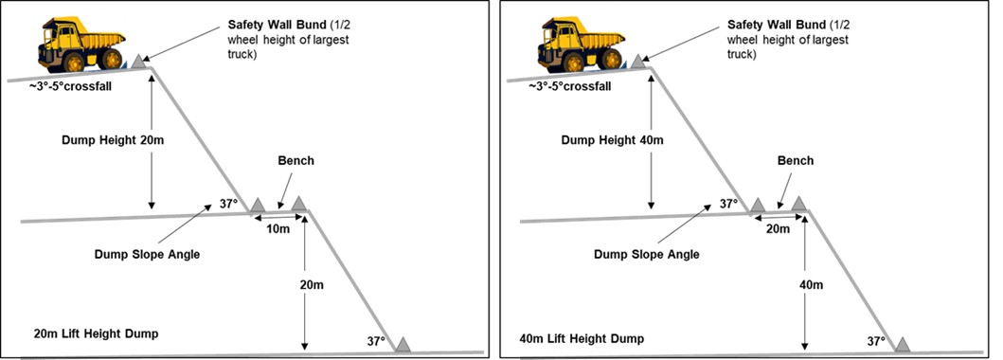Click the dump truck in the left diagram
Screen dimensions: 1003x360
click(x=81, y=45)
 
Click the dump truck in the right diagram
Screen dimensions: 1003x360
click(x=581, y=45)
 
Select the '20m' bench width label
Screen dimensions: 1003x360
click(x=779, y=228)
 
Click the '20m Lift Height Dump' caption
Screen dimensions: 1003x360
click(x=97, y=333)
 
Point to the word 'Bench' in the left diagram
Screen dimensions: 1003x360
click(x=296, y=160)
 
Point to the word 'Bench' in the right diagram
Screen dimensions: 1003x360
click(x=796, y=160)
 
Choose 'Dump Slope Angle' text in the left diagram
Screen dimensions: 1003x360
click(x=147, y=255)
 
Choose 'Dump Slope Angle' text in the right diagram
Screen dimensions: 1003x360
click(x=647, y=255)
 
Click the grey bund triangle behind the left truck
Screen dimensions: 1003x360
click(x=137, y=62)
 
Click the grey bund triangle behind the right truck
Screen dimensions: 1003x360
click(x=637, y=62)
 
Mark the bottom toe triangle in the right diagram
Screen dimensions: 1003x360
click(x=902, y=344)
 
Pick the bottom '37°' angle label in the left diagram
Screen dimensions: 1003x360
click(x=375, y=341)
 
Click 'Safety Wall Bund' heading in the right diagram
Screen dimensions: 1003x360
click(x=778, y=26)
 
